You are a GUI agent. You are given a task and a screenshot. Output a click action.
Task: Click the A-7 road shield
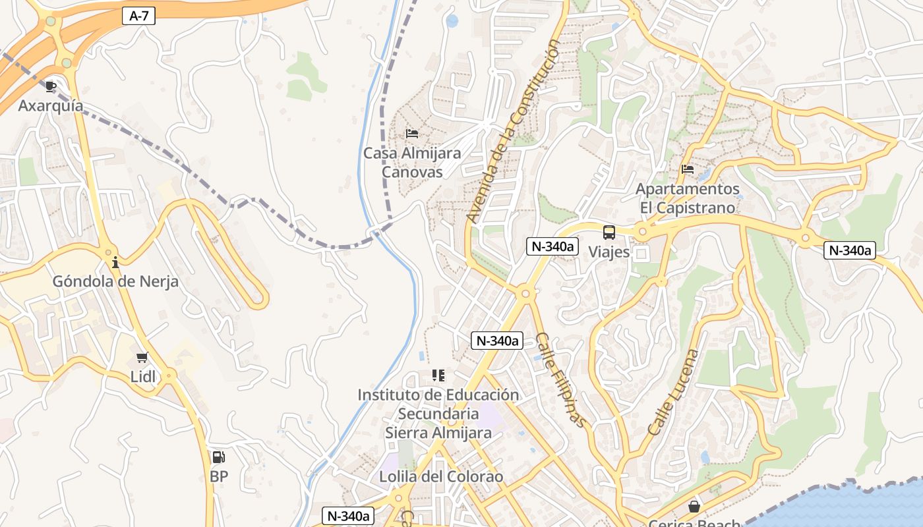click(138, 16)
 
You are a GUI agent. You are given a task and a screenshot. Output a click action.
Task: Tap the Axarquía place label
click(51, 105)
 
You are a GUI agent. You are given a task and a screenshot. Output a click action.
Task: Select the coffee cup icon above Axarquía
click(51, 86)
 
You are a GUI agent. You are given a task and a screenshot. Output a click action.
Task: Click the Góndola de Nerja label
click(115, 281)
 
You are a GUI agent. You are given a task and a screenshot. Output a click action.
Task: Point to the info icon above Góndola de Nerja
click(115, 262)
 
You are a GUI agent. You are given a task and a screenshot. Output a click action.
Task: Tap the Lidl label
click(142, 376)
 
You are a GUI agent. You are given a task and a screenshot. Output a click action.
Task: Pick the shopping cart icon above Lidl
click(142, 358)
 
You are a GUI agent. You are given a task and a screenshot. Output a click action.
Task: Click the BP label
click(218, 476)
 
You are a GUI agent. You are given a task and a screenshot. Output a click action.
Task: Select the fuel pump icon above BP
click(218, 457)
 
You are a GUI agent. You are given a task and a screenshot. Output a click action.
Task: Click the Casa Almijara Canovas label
click(413, 162)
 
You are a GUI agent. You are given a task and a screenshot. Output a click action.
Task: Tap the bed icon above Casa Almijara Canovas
click(412, 134)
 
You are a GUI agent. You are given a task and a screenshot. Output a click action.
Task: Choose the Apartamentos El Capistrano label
click(687, 198)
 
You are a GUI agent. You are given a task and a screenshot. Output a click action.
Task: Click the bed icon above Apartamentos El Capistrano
click(688, 169)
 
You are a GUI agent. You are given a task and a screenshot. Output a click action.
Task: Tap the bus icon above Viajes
click(609, 233)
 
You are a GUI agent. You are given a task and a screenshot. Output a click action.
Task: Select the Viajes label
click(609, 252)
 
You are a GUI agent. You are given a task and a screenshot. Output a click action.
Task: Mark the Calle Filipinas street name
click(560, 379)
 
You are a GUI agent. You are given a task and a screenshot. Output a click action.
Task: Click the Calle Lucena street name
click(672, 392)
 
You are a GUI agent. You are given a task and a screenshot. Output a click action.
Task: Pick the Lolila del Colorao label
click(441, 476)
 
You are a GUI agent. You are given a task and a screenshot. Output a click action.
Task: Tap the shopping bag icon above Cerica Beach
click(694, 507)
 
